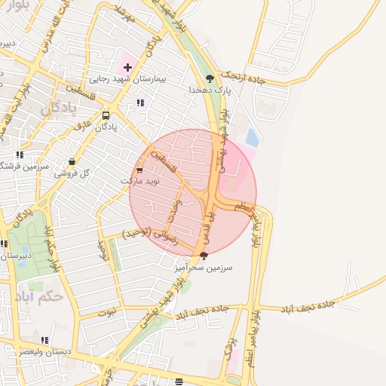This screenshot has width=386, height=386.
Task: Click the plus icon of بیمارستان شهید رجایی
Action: click(127, 67)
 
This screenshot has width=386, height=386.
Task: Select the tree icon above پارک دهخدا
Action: click(210, 78)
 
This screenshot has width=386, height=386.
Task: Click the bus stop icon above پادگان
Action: click(106, 116)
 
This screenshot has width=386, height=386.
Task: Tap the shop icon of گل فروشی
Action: click(72, 161)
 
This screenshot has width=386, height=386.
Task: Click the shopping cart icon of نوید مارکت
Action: click(139, 170)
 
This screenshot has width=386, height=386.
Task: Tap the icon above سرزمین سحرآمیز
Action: click(204, 256)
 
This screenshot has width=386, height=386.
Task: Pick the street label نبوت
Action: click(109, 310)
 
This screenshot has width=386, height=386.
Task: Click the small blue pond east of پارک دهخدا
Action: click(252, 138)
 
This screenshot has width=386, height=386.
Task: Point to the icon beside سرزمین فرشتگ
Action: click(19, 155)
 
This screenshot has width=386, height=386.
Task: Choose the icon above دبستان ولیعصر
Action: click(44, 341)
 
